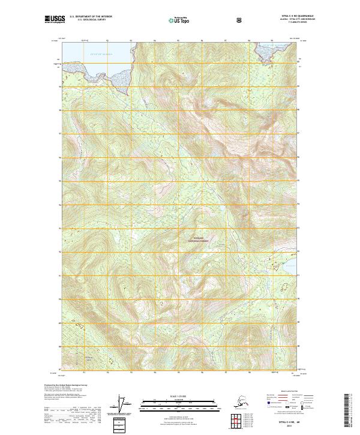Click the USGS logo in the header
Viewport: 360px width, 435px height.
tap(55, 19)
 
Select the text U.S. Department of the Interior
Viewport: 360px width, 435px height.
tap(91, 16)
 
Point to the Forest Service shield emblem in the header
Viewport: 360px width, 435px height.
tap(239, 19)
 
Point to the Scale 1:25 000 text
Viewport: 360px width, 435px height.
tap(179, 395)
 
